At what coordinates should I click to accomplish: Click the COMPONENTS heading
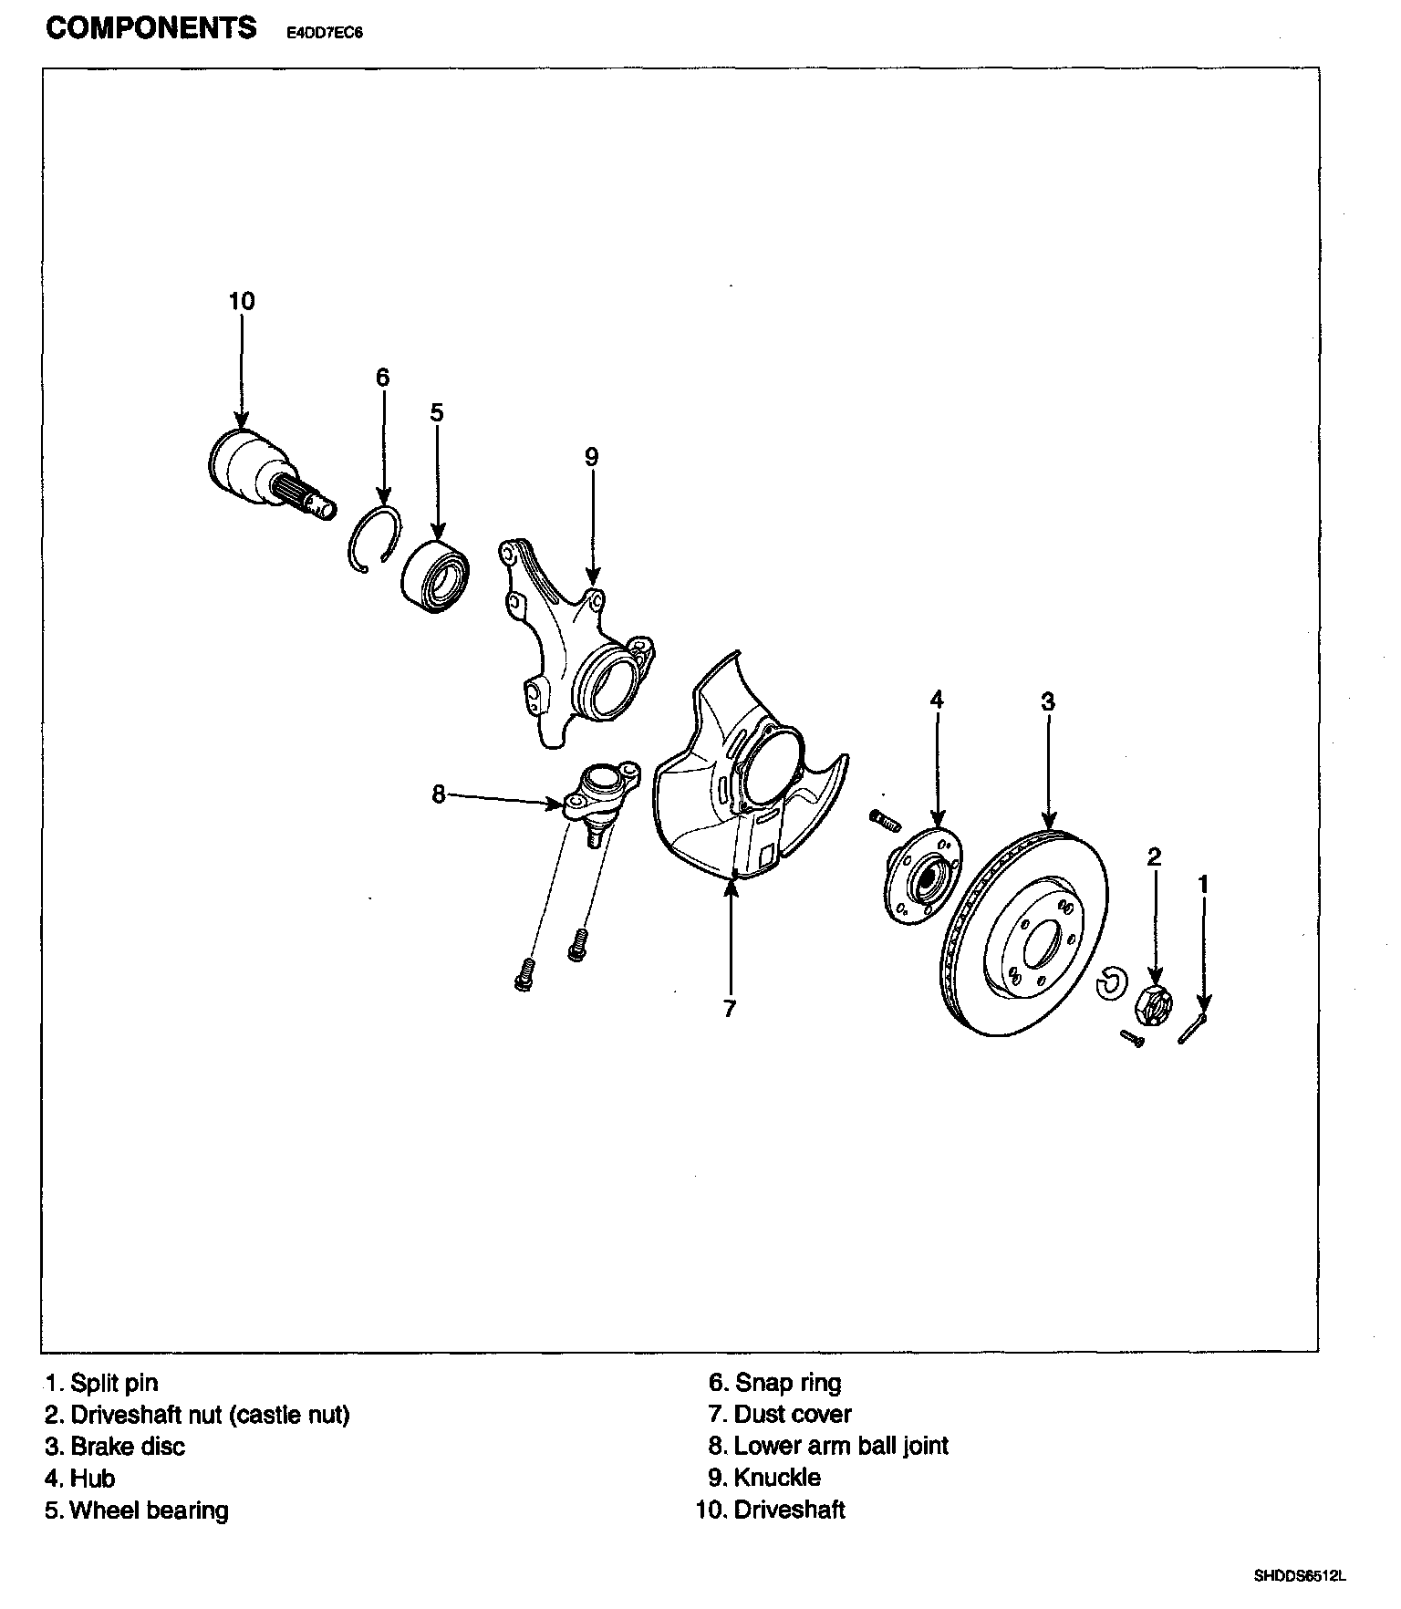(x=151, y=29)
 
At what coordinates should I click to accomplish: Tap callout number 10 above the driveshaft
(x=242, y=301)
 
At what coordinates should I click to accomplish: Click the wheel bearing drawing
(x=436, y=572)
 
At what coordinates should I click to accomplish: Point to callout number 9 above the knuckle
(x=592, y=457)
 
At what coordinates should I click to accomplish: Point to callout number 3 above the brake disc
(x=1048, y=701)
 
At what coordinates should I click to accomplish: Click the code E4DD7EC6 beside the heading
(x=319, y=35)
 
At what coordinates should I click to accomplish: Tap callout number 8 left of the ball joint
(x=439, y=795)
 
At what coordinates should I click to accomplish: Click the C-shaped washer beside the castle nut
(x=1110, y=981)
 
